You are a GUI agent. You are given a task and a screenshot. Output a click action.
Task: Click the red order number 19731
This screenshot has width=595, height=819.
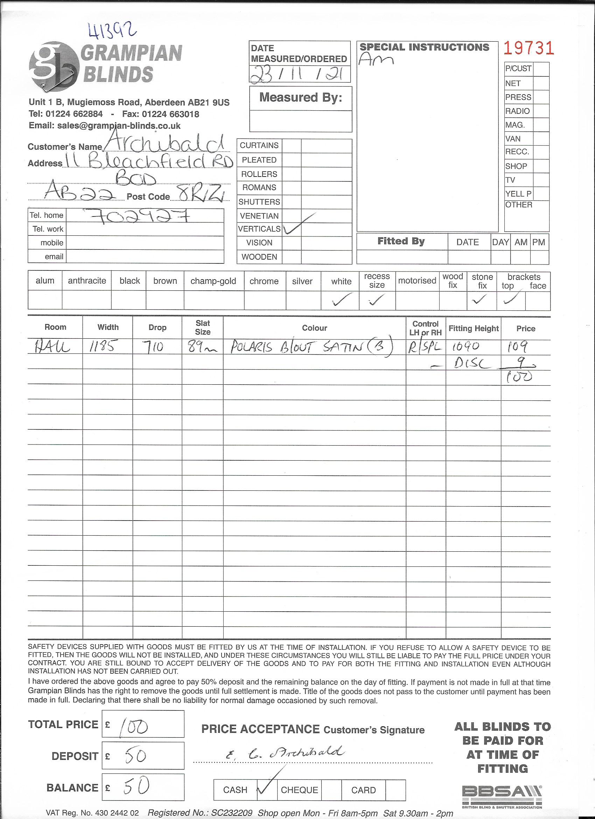[528, 48]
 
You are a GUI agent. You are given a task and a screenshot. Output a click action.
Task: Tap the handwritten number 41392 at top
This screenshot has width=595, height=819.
[112, 30]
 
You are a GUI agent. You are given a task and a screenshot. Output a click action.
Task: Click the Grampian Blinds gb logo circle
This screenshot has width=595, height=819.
[54, 66]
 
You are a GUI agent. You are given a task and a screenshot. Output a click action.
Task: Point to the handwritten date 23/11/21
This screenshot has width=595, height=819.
[299, 74]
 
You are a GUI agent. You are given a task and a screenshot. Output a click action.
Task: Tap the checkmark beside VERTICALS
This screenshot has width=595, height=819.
[294, 227]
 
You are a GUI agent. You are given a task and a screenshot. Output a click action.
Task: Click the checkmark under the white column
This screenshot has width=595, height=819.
[341, 299]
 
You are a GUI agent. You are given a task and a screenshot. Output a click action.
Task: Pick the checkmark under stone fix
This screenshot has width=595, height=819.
[480, 299]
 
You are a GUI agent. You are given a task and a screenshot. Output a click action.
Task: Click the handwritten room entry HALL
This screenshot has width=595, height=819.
[52, 347]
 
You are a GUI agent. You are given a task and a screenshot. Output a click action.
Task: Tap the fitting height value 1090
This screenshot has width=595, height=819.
[466, 346]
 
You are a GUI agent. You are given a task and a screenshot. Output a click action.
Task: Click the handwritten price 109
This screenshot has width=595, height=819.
[518, 346]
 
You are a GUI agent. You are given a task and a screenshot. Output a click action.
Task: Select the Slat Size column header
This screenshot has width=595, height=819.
[202, 327]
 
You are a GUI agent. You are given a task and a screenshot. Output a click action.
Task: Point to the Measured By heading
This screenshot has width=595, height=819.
[301, 97]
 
